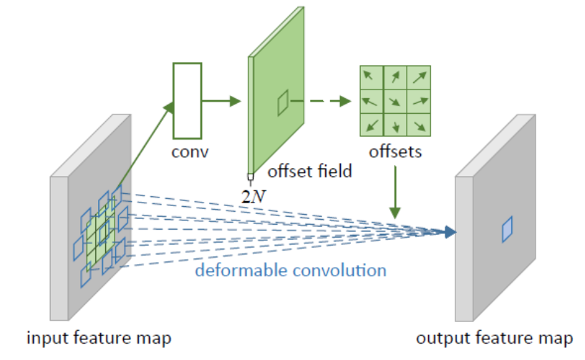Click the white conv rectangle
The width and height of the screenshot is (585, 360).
click(187, 100)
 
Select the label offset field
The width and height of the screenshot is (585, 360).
click(309, 172)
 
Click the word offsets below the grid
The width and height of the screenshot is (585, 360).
click(395, 152)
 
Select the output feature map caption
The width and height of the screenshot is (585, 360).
click(494, 337)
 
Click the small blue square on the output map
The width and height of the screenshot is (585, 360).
click(507, 229)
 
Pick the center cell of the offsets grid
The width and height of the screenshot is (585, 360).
click(395, 101)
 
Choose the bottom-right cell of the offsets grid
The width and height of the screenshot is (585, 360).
click(420, 125)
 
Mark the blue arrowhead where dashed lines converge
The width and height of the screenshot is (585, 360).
click(449, 231)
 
